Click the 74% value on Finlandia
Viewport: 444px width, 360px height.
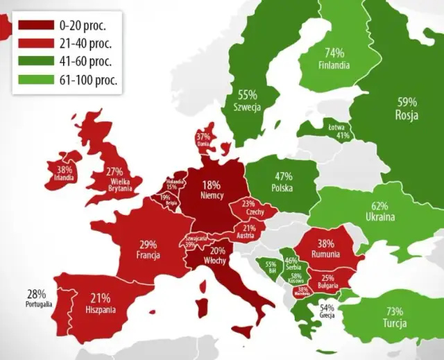[334, 52]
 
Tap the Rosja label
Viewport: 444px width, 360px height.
[407, 115]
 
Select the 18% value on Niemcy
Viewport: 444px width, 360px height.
[212, 185]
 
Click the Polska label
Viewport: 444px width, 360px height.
[282, 188]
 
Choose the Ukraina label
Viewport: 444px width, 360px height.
[379, 217]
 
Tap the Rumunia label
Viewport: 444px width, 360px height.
[326, 254]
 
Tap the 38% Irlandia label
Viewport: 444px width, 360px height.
[65, 173]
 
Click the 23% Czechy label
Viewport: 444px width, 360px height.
[249, 208]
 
